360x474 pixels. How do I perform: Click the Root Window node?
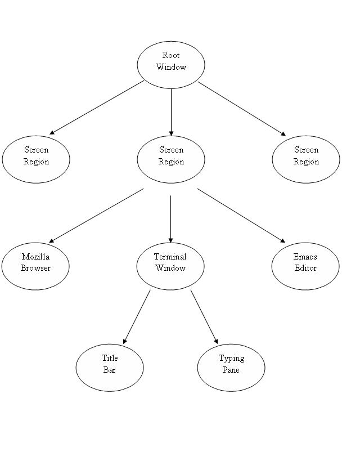tap(171, 65)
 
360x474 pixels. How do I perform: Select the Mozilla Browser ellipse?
tap(35, 266)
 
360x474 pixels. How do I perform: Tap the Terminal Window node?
tap(170, 266)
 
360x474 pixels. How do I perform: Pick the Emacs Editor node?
tap(305, 266)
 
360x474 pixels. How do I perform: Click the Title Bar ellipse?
tap(110, 368)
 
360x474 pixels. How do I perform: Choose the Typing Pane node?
tap(231, 368)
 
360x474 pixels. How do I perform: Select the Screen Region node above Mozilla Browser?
tap(36, 159)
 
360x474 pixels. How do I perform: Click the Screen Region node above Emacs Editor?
tap(306, 159)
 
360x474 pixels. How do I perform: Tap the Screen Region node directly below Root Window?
tap(171, 159)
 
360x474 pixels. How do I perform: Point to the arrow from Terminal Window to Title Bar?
tap(137, 316)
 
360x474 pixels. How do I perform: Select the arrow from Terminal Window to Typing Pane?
tap(204, 316)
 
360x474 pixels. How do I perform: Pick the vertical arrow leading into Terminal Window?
tap(170, 220)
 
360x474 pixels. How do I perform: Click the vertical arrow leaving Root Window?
tap(171, 113)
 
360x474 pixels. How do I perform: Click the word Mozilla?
tap(35, 257)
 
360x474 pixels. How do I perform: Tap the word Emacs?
tap(305, 257)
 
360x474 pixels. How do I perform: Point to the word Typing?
tap(231, 358)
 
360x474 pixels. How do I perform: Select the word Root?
tap(171, 55)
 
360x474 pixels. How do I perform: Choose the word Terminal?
tap(170, 257)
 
